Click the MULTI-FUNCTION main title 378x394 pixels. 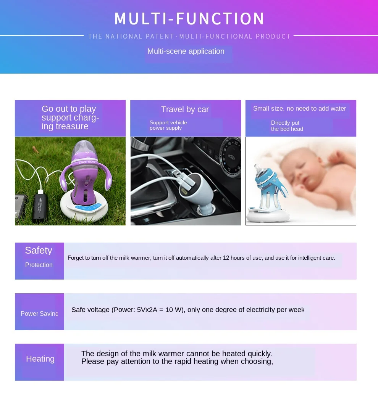coord(189,19)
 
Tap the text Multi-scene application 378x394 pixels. coord(186,51)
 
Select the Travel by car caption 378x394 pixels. coord(185,109)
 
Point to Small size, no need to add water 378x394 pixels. coord(299,109)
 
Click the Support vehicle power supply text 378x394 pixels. coord(168,125)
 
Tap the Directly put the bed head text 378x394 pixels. coord(287,126)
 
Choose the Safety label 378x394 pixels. coord(39,251)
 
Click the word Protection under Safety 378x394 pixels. coord(39,265)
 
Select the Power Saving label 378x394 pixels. coord(39,314)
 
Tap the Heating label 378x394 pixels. coord(40,359)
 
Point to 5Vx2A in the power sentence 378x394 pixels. coord(147,310)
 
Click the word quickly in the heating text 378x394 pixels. coord(260,354)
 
